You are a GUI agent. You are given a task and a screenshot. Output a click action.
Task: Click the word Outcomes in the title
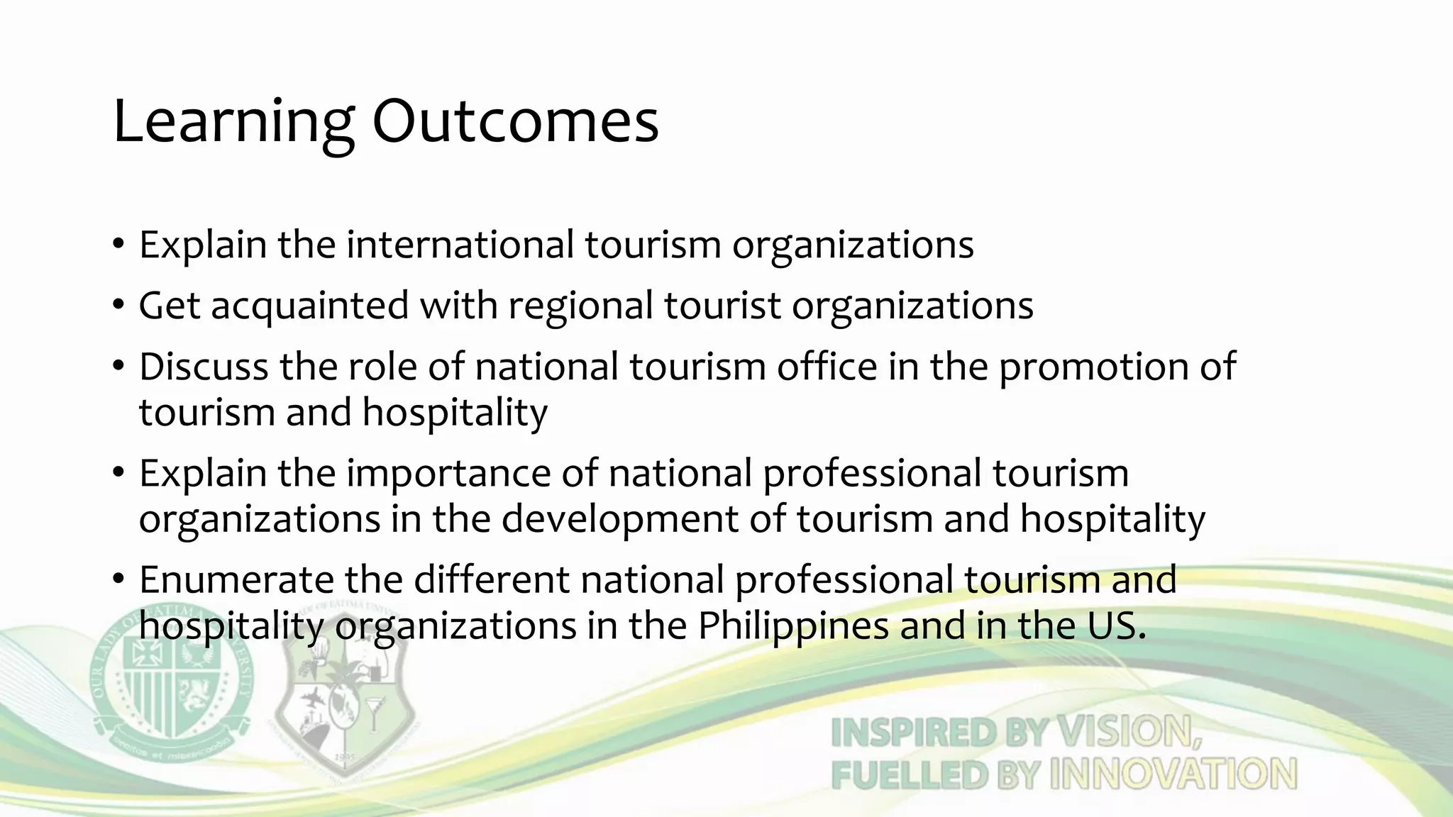coord(516,122)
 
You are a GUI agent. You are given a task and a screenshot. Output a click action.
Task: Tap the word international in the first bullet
coord(460,245)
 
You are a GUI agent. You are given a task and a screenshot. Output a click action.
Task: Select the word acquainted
coord(310,306)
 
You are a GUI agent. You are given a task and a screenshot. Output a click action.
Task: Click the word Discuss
coord(203,367)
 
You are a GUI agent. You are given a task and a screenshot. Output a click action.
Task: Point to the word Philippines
coord(793,626)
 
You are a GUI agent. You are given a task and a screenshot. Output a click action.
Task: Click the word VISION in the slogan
coord(1128,732)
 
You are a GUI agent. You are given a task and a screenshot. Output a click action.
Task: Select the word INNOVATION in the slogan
coord(1173,774)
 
